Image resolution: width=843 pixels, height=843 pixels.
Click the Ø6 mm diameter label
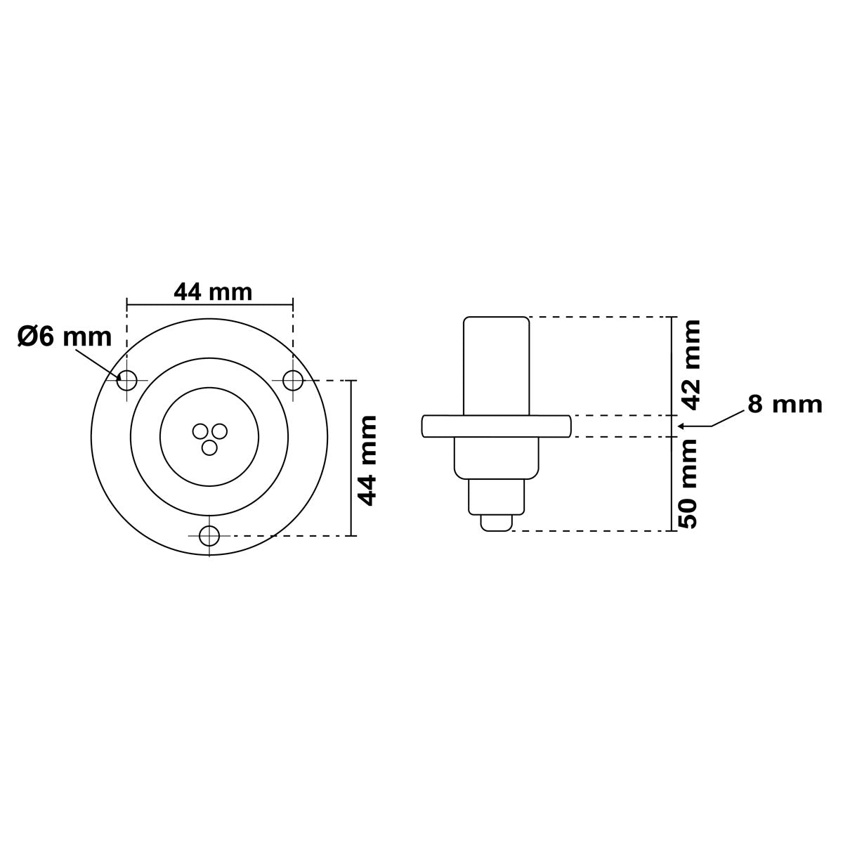click(x=64, y=337)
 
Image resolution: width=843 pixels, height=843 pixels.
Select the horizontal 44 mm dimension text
click(x=212, y=292)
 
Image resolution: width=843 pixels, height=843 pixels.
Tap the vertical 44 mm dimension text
click(x=367, y=460)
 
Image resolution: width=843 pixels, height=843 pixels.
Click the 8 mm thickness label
click(x=784, y=405)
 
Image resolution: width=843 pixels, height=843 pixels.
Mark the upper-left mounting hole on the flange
click(x=126, y=380)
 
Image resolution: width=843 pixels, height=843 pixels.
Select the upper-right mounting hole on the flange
click(x=293, y=380)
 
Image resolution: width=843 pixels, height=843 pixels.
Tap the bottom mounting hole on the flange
click(x=209, y=536)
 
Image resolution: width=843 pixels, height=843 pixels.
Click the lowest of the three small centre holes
click(x=209, y=446)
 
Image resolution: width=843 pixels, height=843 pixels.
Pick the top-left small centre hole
click(x=201, y=431)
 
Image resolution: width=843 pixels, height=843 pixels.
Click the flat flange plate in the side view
click(x=496, y=426)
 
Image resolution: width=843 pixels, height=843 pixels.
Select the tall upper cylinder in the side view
click(x=496, y=365)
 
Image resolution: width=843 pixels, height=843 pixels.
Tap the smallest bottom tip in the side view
click(x=496, y=523)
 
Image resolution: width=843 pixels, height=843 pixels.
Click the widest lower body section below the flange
click(x=496, y=457)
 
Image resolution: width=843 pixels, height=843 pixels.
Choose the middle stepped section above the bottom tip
click(x=496, y=497)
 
